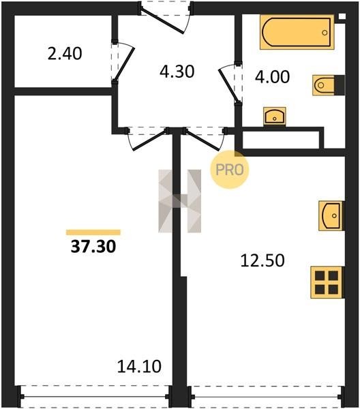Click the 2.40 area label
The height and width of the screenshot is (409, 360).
point(65,53)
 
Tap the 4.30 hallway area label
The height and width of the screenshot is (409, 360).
point(177,72)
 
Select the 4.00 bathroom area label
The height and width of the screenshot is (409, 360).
point(272,76)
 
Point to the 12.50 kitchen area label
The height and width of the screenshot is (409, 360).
point(262,260)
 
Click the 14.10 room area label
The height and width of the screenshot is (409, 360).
point(139,366)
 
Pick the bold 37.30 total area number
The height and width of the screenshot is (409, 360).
point(93,247)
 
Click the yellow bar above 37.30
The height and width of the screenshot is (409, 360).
point(93,232)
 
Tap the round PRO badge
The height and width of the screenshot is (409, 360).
point(230,170)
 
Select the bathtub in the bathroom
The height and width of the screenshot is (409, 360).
point(297,32)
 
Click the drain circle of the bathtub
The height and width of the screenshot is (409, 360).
point(325,33)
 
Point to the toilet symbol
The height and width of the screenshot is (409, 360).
point(328,85)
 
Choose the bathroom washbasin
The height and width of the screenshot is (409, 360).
point(275,117)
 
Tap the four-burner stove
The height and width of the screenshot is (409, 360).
point(327,282)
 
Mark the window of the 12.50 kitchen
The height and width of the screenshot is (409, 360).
point(266,397)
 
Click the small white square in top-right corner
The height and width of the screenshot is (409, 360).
point(342,16)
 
